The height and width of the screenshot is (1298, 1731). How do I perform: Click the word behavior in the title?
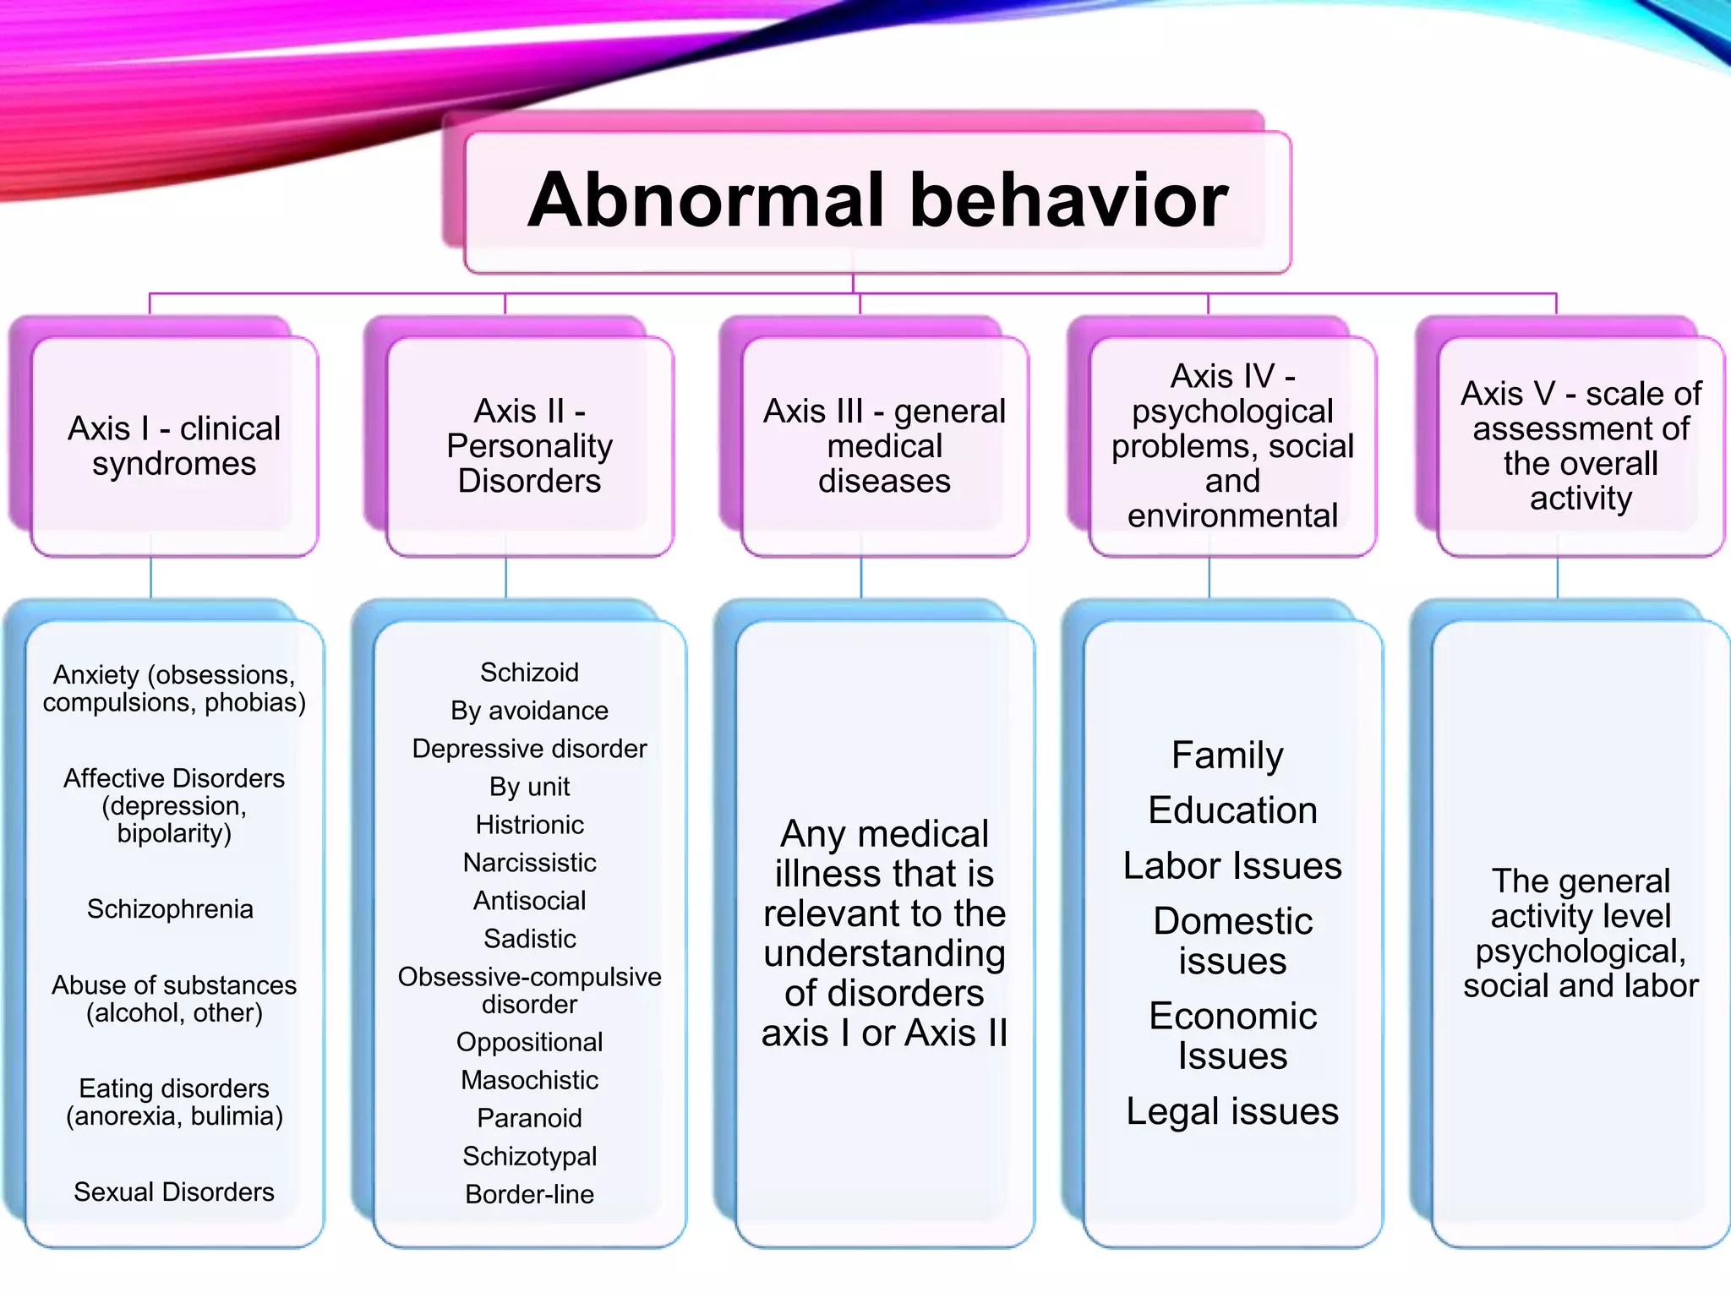(1068, 201)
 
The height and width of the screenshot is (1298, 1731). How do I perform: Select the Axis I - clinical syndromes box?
(174, 446)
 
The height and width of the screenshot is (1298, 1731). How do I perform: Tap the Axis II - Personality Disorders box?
(529, 446)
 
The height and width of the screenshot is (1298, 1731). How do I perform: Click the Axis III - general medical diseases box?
(884, 446)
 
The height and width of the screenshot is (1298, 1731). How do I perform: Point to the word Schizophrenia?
(170, 909)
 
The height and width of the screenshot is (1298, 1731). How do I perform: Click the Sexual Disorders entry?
(174, 1192)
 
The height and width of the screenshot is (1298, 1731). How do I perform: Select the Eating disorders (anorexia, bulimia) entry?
(174, 1103)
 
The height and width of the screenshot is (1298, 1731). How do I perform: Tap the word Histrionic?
(529, 825)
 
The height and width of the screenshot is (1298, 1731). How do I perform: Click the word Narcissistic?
(529, 863)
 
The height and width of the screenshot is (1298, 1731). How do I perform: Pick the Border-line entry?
(529, 1195)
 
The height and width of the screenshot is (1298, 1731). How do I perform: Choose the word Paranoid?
(529, 1119)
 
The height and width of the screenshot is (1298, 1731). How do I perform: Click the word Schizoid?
(529, 673)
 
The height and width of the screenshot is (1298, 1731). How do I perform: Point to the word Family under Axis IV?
(1227, 755)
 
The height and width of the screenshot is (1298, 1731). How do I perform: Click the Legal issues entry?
(1232, 1112)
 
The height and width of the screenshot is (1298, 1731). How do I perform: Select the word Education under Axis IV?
(1232, 810)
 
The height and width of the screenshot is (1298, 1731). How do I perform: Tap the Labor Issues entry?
(1232, 866)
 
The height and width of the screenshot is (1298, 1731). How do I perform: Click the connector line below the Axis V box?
(1558, 578)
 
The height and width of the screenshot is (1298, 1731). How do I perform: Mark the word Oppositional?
(529, 1043)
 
